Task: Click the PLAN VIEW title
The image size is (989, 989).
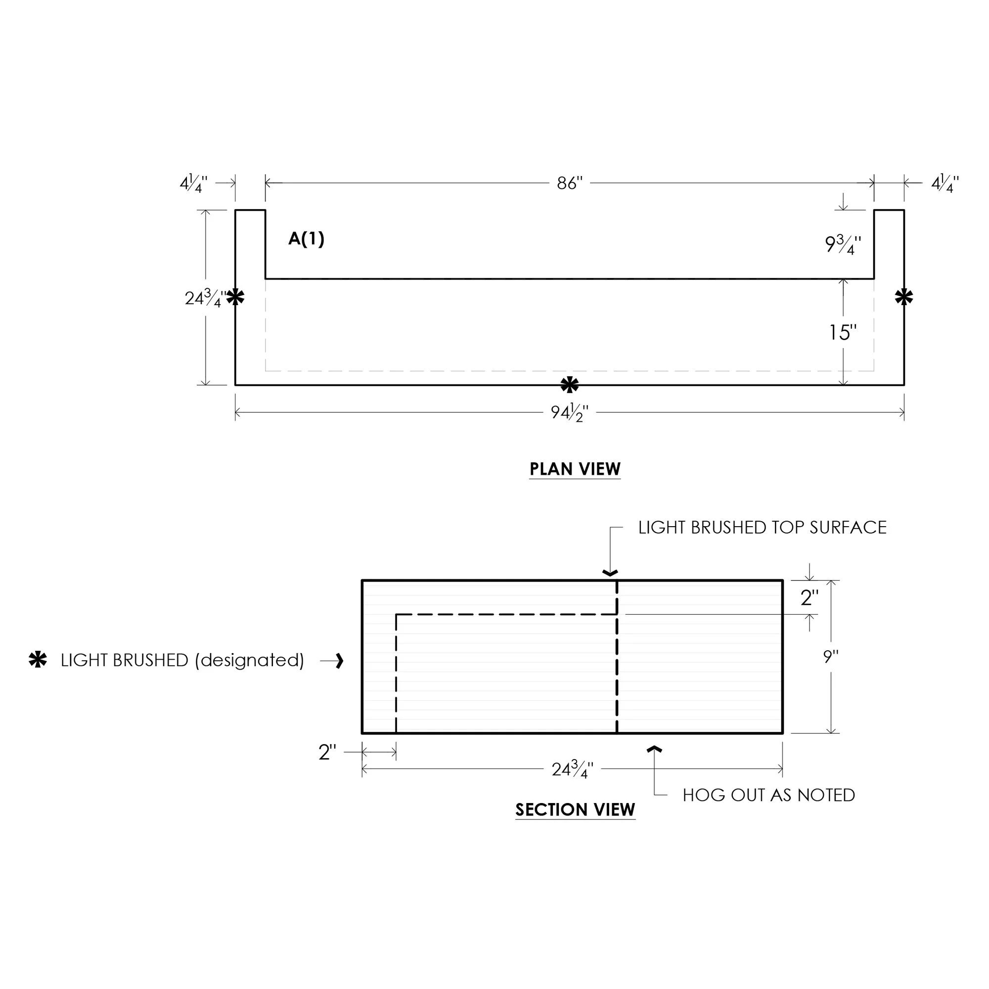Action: [575, 469]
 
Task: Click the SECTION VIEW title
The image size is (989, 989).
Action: [575, 809]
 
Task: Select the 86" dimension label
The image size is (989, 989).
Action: [570, 183]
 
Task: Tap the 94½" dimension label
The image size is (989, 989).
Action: [569, 412]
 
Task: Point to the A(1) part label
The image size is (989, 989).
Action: [306, 238]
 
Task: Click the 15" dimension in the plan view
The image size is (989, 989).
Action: [843, 333]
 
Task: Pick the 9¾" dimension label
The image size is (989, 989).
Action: [843, 244]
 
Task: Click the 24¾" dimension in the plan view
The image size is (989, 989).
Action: [205, 297]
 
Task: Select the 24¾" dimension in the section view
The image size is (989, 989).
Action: [572, 769]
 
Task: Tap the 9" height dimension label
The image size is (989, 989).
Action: [830, 656]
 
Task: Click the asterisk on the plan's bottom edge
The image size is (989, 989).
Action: [570, 384]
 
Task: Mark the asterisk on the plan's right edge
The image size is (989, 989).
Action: [903, 297]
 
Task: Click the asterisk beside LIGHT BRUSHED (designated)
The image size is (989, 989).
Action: [38, 660]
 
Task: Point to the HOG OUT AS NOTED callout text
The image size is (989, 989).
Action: [768, 795]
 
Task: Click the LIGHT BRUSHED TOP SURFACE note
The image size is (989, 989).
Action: [762, 527]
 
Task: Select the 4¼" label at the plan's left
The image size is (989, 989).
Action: [193, 183]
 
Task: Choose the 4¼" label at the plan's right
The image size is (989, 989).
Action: [945, 183]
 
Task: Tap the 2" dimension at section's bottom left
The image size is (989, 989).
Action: [327, 752]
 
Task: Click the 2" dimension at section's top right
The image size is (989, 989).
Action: [809, 597]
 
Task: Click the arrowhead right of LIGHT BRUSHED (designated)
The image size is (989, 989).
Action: [339, 661]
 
